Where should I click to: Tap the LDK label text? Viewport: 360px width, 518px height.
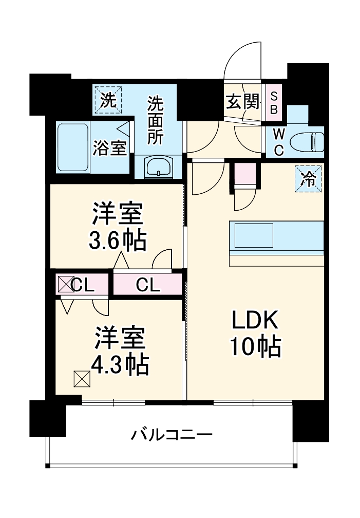point(255,321)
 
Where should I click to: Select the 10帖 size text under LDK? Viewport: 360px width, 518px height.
point(255,348)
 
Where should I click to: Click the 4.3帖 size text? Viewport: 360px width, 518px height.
point(119,365)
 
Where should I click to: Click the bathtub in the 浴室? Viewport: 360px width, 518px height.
point(72,147)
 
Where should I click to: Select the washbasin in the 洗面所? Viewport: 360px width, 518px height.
point(159,167)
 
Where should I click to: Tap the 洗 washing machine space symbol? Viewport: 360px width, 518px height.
point(107,100)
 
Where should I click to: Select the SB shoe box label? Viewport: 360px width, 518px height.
point(274,102)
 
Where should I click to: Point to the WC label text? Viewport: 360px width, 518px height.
point(278,141)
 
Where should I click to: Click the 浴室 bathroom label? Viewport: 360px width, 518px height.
point(109,148)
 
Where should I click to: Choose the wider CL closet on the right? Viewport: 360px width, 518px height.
point(148,284)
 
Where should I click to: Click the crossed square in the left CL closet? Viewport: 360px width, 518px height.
point(65,284)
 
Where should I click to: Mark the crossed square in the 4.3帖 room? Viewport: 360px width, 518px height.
point(82,379)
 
